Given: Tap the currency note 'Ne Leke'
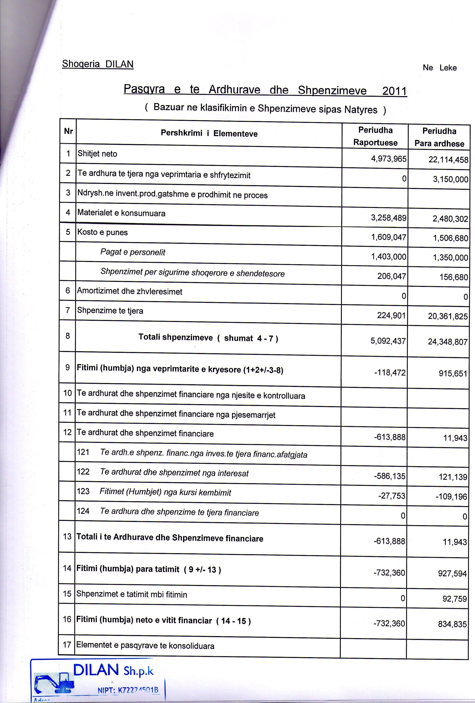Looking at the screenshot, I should (440, 68).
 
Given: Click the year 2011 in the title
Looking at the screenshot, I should (394, 91).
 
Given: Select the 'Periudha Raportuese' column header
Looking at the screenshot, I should (375, 136).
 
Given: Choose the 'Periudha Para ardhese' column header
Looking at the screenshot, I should (439, 137).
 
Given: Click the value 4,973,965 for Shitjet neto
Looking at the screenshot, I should (389, 159).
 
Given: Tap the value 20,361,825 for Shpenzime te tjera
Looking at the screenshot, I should (448, 316).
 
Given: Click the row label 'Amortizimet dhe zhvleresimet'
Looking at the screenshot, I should (130, 292).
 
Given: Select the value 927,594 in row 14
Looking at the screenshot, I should (452, 573).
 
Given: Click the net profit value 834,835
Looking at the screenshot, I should (452, 624).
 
